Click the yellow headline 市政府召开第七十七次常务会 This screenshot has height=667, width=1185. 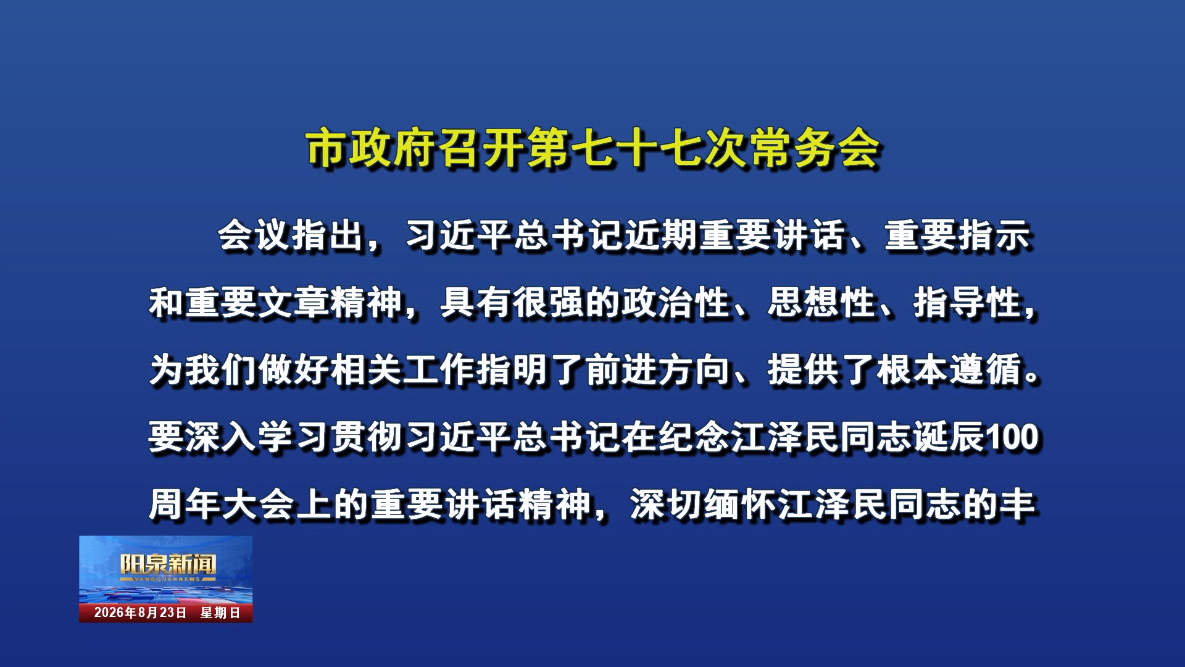click(x=592, y=148)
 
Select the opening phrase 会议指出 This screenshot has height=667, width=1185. click(x=291, y=236)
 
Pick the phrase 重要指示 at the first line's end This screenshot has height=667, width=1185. click(x=958, y=236)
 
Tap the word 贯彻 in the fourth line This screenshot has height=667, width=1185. click(x=367, y=437)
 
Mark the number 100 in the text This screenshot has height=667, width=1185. click(x=1012, y=437)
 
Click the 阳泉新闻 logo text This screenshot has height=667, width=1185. click(x=168, y=564)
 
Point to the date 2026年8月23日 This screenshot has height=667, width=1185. click(x=140, y=613)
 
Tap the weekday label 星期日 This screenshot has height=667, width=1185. click(x=220, y=613)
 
